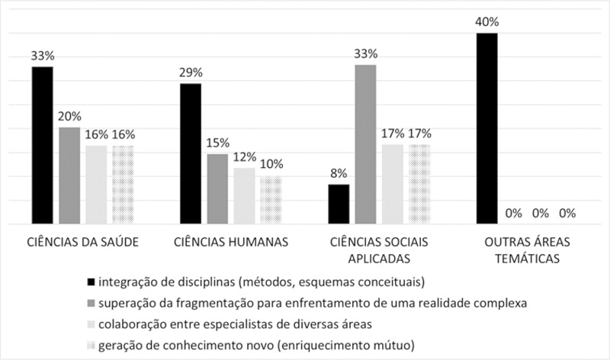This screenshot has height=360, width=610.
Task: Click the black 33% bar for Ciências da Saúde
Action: [x=42, y=146]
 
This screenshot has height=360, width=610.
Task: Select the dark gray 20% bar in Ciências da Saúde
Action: [x=69, y=176]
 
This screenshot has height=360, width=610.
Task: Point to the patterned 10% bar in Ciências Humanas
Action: [x=271, y=201]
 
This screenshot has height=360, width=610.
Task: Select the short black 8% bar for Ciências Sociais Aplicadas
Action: [x=339, y=204]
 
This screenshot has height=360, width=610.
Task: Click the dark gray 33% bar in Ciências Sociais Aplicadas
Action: [x=365, y=145]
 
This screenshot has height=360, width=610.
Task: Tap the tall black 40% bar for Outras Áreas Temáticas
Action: [x=486, y=129]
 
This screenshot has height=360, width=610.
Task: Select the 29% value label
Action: [x=191, y=73]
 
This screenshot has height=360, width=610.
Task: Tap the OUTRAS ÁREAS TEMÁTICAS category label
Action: [x=526, y=250]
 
